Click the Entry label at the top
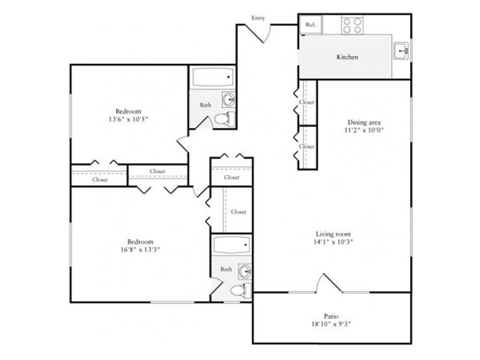coord(258,18)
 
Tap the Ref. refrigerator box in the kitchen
coord(311,25)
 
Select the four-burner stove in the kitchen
coord(352,25)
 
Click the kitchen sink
coord(401,50)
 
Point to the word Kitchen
coord(347,57)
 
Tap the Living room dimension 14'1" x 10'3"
coord(333,242)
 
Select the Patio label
coord(331,316)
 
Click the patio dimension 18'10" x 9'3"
coord(331,324)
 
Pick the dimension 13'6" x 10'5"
coord(128,120)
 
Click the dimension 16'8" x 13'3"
coord(140,249)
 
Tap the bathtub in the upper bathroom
coord(213,77)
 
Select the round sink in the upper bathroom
coord(229,99)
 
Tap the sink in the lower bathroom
coord(244,271)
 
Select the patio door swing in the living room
coord(328,283)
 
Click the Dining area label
coord(364,122)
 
